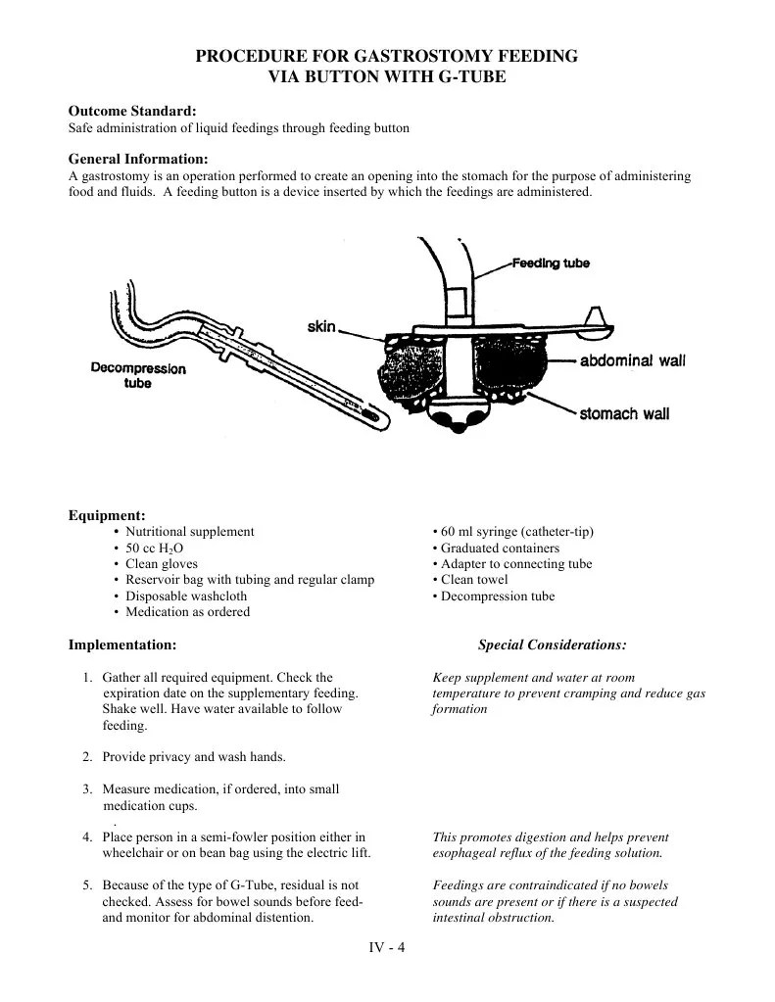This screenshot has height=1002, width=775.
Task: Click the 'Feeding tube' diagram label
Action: coord(551,263)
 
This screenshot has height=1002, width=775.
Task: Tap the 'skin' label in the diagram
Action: coord(321,327)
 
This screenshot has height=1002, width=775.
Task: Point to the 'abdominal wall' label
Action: coord(632,360)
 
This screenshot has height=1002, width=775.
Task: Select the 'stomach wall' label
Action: coord(624,413)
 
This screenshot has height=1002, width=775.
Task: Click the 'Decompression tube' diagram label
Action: coord(138,376)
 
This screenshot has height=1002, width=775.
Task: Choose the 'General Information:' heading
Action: coord(138,160)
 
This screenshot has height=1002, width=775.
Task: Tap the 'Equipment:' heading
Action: coord(107,515)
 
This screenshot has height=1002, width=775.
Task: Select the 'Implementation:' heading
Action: coord(122,644)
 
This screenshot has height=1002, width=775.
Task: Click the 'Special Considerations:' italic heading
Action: coord(552,644)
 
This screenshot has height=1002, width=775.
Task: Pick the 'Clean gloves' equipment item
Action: coord(162,564)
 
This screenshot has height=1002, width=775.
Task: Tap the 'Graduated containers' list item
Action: coord(500,549)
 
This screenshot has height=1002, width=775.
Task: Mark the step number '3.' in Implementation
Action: coord(87,789)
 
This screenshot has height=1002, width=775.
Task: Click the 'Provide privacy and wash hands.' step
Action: coord(194,757)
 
